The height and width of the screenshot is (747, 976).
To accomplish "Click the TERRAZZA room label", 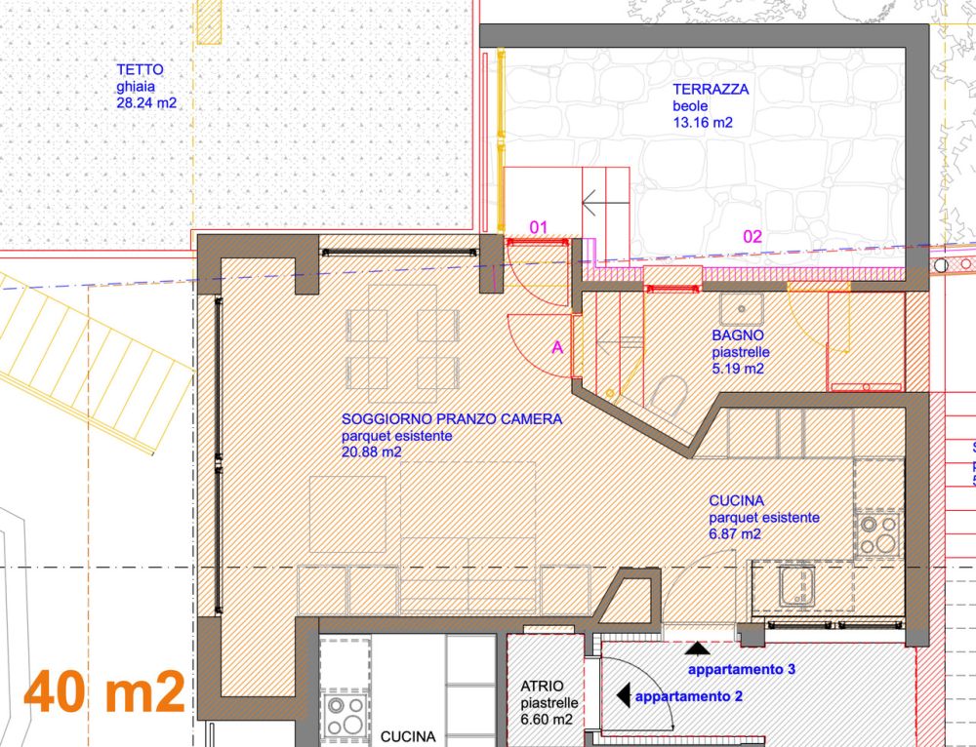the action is tap(711, 89).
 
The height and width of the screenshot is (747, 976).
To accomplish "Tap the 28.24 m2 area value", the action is tap(146, 103).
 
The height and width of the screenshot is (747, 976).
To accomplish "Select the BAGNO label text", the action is tap(738, 335).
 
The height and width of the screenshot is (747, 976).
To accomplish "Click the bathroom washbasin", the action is tap(742, 309).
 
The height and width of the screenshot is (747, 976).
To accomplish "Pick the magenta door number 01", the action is tap(539, 227).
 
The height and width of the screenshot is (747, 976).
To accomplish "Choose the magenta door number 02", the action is tap(752, 236).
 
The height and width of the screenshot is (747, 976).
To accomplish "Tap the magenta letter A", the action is tap(557, 348).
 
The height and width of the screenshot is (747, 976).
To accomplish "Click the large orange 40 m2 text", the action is tap(104, 691).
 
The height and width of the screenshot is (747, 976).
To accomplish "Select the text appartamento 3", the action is tap(742, 669).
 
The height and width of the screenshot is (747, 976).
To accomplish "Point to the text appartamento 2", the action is tap(688, 696).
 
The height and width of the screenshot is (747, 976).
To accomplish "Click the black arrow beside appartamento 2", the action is tap(623, 694).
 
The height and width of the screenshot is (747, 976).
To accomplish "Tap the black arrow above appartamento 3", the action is tap(697, 649).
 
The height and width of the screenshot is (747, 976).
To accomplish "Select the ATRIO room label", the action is tap(542, 686).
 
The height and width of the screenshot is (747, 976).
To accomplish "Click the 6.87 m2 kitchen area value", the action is tap(735, 533).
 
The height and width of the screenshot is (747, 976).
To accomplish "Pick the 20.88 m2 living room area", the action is tap(372, 452).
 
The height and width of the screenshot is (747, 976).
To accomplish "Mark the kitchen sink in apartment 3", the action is tap(796, 586).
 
